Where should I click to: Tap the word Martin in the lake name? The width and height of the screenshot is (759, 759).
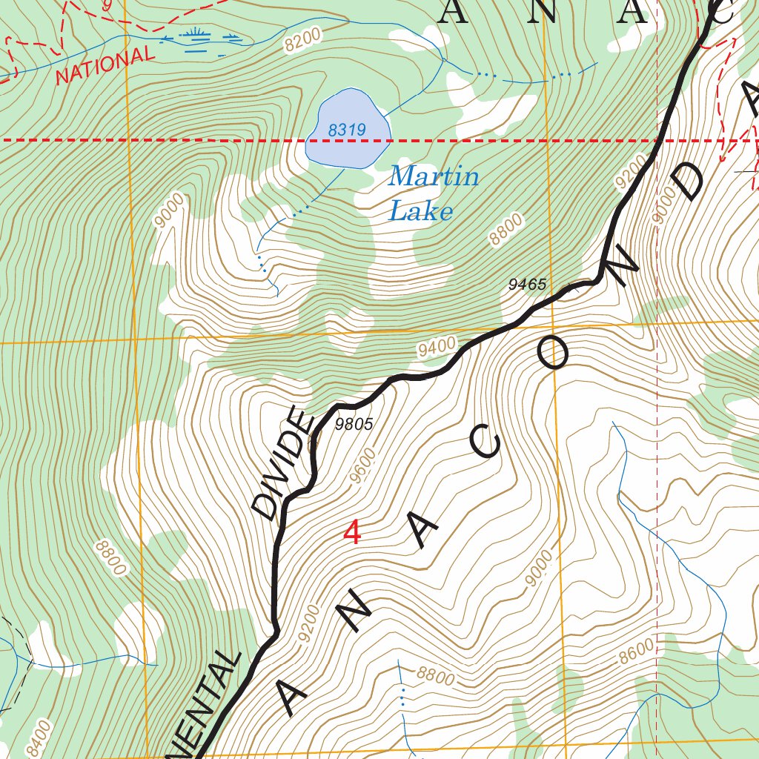point(434,176)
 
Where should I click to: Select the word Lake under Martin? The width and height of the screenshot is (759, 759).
point(420,212)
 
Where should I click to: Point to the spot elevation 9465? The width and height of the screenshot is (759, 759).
point(527,285)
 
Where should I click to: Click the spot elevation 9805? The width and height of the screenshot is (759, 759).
point(353,425)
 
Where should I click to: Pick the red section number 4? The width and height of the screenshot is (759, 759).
point(353,532)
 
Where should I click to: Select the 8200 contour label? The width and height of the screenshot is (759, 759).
point(305,39)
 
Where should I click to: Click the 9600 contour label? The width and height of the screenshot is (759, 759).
point(364,466)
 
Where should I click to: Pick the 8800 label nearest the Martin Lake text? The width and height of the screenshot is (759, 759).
point(506,229)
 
